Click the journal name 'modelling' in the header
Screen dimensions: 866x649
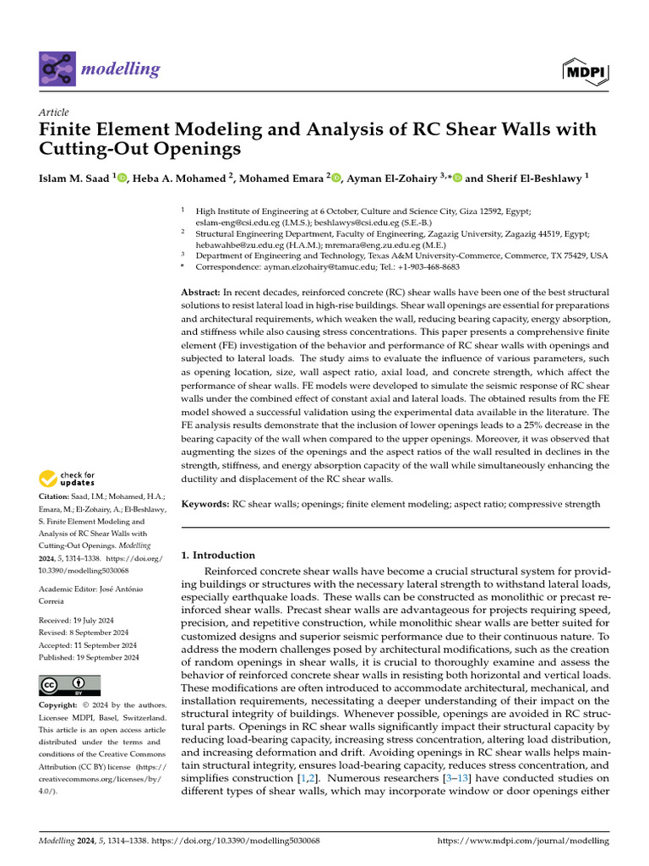tap(120, 69)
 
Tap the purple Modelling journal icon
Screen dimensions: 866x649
tap(57, 69)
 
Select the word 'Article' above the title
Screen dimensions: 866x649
tap(54, 112)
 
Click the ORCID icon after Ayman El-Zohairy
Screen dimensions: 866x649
tap(458, 178)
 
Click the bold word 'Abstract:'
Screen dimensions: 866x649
tap(201, 291)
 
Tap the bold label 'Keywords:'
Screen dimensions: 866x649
tap(206, 504)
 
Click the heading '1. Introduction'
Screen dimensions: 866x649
tap(218, 556)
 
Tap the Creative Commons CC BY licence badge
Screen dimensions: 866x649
tap(70, 685)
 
